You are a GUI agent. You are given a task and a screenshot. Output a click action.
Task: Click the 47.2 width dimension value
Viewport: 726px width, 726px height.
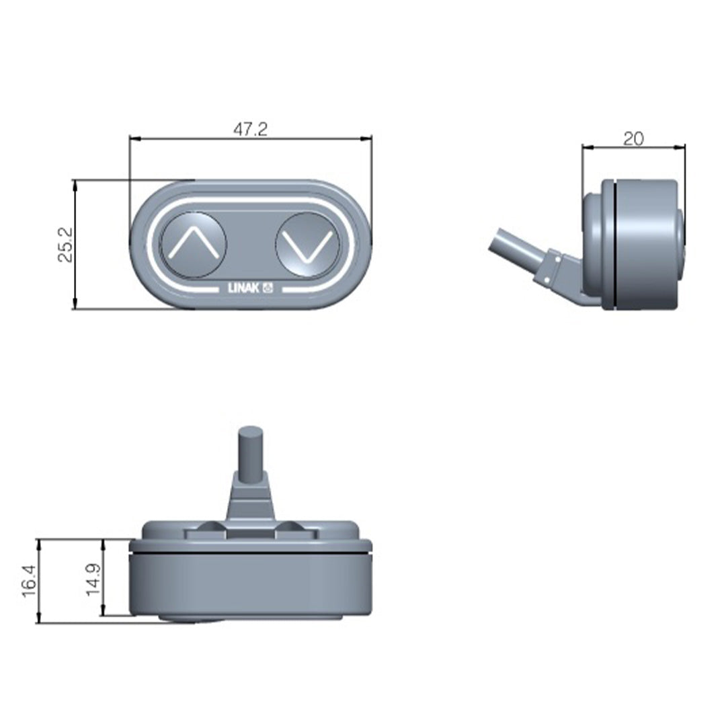coord(250,129)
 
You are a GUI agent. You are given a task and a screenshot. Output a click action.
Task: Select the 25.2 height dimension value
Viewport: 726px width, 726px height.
coord(65,245)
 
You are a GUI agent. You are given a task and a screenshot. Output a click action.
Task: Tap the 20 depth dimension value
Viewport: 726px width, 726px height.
coord(633,138)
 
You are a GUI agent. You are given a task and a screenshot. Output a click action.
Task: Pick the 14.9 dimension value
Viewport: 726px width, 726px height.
coord(93,577)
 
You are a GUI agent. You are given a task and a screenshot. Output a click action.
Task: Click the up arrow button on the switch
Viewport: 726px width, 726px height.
coord(193,244)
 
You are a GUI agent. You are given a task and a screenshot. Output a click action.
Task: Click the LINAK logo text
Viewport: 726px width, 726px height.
coord(244,289)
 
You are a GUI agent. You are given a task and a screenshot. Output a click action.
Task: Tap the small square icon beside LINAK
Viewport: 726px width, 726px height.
coord(266,289)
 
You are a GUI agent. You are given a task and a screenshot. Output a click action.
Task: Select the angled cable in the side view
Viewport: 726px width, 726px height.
coord(515,248)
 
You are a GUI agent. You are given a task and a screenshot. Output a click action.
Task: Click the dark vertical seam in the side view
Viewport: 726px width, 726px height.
coord(616,245)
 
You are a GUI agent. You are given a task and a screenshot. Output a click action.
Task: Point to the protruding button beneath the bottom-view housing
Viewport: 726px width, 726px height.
coord(191,619)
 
